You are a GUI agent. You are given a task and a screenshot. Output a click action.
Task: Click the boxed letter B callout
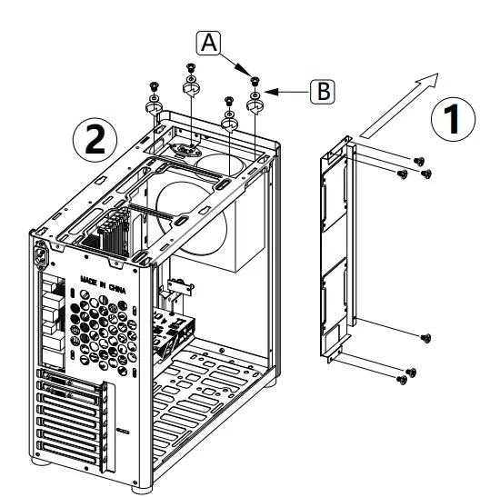[321, 91]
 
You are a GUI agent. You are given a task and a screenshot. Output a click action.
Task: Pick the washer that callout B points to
[255, 94]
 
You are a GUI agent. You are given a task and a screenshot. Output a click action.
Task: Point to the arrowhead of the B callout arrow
[269, 91]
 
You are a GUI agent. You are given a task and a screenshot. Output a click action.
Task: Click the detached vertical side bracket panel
[338, 250]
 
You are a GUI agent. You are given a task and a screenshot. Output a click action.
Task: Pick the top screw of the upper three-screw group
[419, 161]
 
